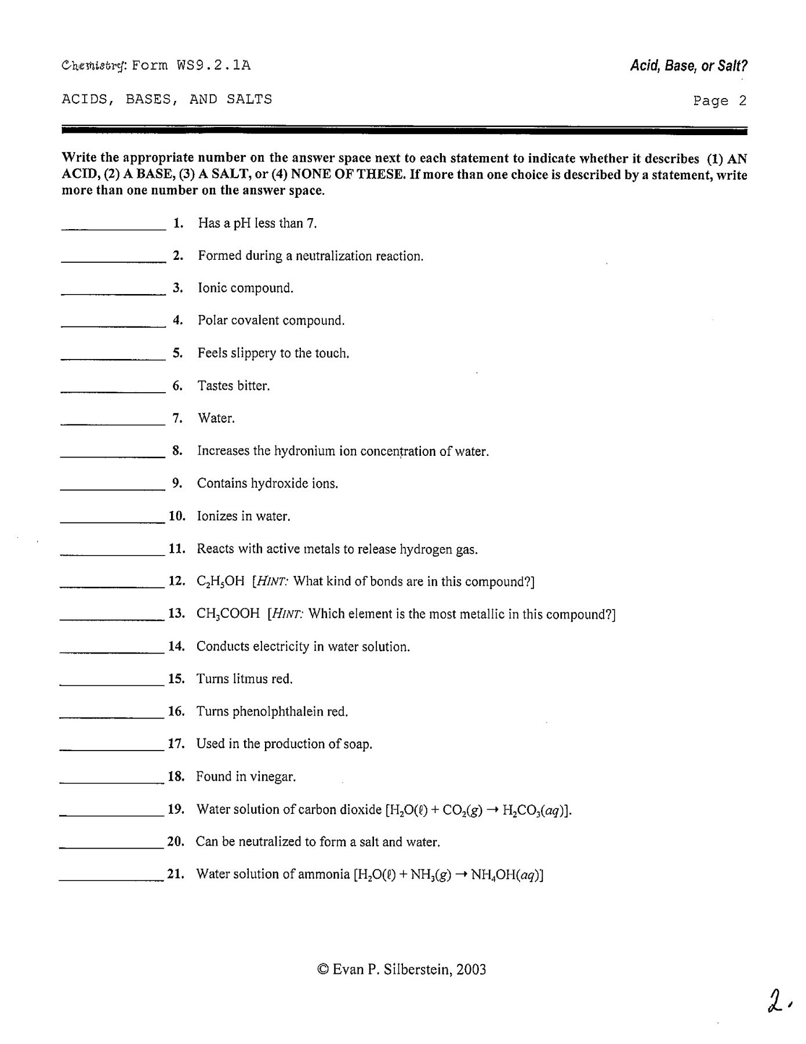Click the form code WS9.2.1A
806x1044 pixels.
214,65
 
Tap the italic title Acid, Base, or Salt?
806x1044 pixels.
689,66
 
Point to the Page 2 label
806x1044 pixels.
720,101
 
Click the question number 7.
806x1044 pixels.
177,418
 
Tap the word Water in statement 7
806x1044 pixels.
216,418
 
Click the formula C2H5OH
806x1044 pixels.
221,582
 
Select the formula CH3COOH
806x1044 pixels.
228,614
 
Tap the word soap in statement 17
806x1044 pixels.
357,744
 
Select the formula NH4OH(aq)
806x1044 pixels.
506,875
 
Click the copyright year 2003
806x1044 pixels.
471,969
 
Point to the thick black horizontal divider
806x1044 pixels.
404,131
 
